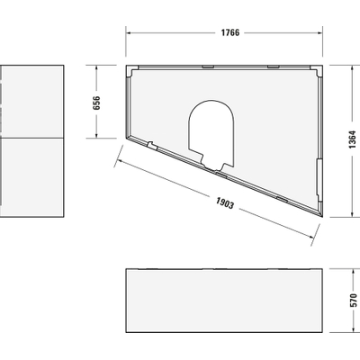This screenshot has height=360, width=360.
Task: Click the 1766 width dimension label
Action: pyautogui.click(x=230, y=32)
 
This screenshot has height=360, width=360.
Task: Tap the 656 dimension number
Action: pyautogui.click(x=96, y=103)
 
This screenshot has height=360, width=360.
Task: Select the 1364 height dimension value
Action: pyautogui.click(x=352, y=139)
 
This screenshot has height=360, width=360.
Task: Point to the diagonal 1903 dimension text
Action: pyautogui.click(x=225, y=203)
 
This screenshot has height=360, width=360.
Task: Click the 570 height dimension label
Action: pyautogui.click(x=354, y=301)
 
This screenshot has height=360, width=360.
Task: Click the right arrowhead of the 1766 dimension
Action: pyautogui.click(x=319, y=32)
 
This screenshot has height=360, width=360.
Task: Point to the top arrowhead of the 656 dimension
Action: pyautogui.click(x=96, y=68)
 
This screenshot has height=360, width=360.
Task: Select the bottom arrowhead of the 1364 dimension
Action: pyautogui.click(x=352, y=213)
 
